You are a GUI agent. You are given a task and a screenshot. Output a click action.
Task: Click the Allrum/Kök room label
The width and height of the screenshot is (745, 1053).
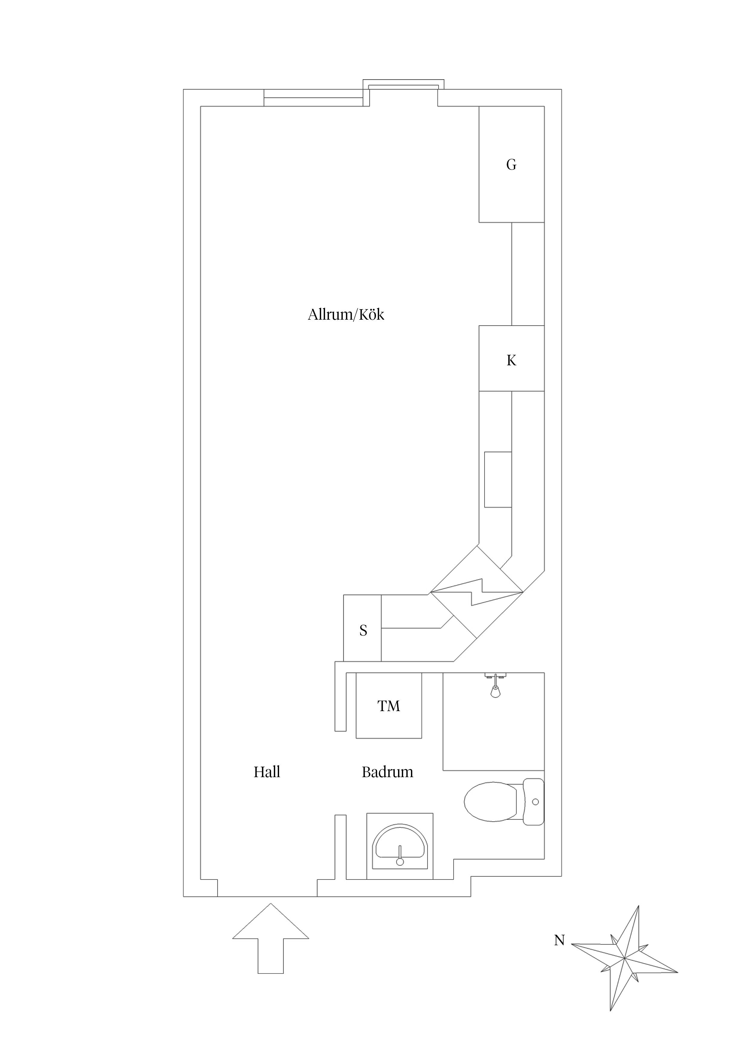click(x=346, y=315)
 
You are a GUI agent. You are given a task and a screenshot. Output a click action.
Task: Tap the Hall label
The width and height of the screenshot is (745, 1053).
click(x=267, y=772)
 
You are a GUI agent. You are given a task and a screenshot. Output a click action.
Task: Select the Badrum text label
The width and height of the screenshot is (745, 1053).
click(x=388, y=772)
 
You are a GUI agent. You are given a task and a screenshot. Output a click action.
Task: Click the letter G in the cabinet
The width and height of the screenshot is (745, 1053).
click(x=511, y=165)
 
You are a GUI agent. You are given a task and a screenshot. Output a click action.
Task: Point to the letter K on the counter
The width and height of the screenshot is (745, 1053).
click(x=511, y=361)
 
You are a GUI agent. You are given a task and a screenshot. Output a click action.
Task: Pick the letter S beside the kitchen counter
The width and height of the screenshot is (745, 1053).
click(x=363, y=631)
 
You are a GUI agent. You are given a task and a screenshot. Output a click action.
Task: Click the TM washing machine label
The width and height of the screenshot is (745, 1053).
click(x=389, y=706)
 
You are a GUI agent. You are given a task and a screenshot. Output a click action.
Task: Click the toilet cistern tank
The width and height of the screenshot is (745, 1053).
click(x=534, y=802)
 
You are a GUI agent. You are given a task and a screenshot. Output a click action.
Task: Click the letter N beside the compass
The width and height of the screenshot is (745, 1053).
click(x=559, y=940)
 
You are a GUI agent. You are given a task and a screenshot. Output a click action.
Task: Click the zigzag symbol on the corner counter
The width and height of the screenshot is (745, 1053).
click(x=476, y=592)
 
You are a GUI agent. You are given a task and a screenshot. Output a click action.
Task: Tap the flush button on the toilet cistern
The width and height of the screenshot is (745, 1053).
click(x=535, y=802)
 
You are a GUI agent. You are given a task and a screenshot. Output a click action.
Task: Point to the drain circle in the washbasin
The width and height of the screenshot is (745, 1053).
click(x=400, y=862)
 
